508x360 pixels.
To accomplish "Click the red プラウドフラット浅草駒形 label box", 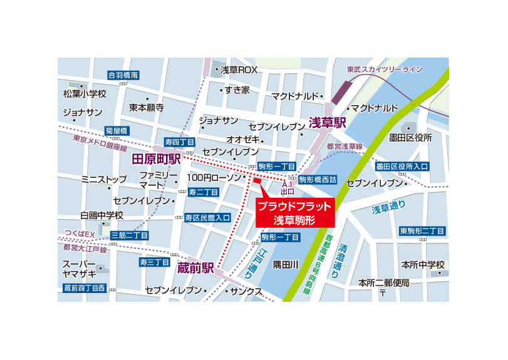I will click(x=294, y=213).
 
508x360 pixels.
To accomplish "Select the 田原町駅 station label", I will click(x=156, y=160).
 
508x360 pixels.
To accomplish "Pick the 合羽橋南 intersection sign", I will click(x=123, y=75).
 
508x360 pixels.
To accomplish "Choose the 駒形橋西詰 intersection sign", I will click(x=318, y=179).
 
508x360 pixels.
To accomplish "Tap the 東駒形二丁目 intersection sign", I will click(x=423, y=232).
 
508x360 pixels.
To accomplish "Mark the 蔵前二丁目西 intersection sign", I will click(x=85, y=288).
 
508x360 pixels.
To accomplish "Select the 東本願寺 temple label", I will click(x=147, y=108).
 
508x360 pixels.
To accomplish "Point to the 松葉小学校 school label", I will click(x=85, y=94).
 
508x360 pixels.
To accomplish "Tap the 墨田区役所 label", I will click(x=410, y=138).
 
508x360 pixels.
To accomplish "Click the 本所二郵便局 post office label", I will click(x=383, y=283).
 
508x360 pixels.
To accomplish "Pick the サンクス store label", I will click(x=246, y=291).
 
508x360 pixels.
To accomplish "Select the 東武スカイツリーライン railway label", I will click(x=385, y=69).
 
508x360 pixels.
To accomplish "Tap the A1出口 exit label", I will click(x=288, y=188).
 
